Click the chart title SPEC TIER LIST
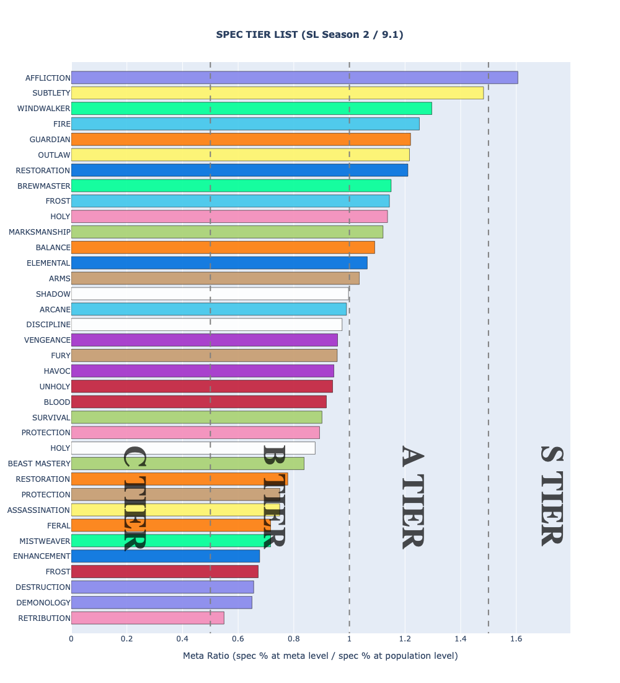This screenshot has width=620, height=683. tap(309, 35)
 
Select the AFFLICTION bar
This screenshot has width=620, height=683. tap(294, 78)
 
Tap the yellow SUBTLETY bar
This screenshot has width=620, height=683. tap(277, 93)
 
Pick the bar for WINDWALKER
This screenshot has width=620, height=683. tap(251, 109)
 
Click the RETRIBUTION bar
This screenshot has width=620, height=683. tap(148, 618)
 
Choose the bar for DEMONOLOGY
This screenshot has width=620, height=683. tap(161, 602)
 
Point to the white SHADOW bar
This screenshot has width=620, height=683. tap(210, 294)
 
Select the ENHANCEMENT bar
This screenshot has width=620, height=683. tap(165, 556)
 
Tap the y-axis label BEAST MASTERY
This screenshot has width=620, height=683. tap(39, 464)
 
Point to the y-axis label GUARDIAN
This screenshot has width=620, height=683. tap(50, 140)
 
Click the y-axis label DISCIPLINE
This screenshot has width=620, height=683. tap(48, 325)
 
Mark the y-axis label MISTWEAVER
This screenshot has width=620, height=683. tap(45, 541)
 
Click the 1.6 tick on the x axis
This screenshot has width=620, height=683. tap(516, 638)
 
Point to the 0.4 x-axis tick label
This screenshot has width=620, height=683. tap(182, 638)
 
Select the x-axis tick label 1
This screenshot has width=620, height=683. tap(349, 638)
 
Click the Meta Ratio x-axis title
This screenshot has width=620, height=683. tap(320, 656)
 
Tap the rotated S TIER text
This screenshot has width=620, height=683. tap(551, 495)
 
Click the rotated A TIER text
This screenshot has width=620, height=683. tap(412, 497)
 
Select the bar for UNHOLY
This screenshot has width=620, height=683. tap(201, 386)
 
